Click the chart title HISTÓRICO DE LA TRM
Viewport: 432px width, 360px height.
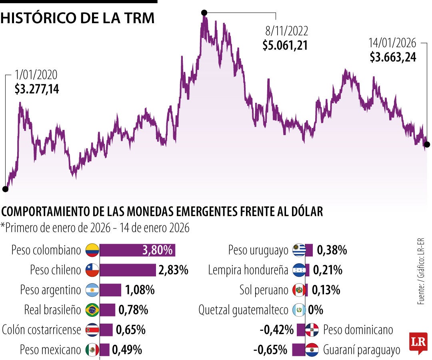[x=78, y=19]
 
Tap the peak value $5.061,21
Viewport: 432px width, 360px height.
[x=285, y=45]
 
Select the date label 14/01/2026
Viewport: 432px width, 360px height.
[x=392, y=43]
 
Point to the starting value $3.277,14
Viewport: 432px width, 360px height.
[x=37, y=89]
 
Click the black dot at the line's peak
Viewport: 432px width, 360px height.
[x=204, y=12]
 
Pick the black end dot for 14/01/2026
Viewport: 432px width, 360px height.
[x=427, y=144]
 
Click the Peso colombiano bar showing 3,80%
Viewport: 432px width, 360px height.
[x=137, y=250]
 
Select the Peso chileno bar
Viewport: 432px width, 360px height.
[x=128, y=270]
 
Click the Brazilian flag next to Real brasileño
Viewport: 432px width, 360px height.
[x=92, y=310]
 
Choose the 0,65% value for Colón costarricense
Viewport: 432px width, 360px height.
[x=130, y=330]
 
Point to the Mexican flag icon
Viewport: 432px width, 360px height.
[x=92, y=350]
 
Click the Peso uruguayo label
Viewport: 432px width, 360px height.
[x=258, y=251]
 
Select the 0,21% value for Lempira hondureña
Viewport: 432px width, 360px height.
[x=328, y=270]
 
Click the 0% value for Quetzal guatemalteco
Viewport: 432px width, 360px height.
[x=316, y=310]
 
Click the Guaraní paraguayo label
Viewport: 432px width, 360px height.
[x=362, y=350]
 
